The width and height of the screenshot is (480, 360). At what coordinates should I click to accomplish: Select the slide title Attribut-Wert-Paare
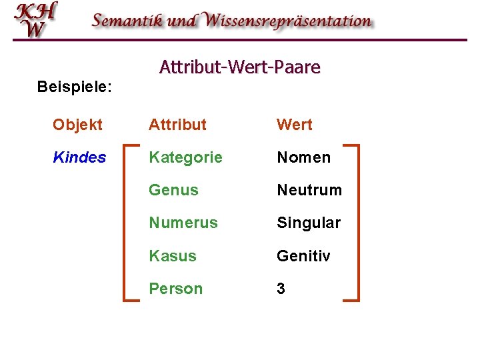click(x=240, y=67)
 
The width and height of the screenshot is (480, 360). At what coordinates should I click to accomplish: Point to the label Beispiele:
click(x=74, y=87)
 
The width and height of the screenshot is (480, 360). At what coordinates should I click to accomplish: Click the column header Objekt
click(x=77, y=125)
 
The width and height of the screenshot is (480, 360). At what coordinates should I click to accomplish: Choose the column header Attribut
click(x=177, y=125)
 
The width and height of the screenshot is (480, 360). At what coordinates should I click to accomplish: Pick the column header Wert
click(x=294, y=125)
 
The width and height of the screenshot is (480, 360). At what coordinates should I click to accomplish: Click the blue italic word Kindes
click(x=79, y=157)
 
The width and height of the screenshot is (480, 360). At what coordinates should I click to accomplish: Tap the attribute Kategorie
click(x=185, y=157)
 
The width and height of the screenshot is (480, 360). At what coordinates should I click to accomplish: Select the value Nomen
click(x=303, y=157)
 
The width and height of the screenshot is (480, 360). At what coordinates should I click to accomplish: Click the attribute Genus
click(x=173, y=190)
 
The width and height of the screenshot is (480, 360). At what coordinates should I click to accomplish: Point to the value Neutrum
click(x=309, y=190)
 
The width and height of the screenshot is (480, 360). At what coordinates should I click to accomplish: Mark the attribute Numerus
click(x=183, y=223)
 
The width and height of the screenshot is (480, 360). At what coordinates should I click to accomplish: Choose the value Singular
click(x=309, y=223)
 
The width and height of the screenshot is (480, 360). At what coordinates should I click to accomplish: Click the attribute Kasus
click(x=173, y=256)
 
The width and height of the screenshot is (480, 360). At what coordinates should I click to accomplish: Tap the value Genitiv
click(x=303, y=256)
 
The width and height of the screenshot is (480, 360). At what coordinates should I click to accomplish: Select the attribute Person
click(x=175, y=289)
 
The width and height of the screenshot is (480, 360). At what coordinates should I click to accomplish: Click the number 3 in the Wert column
click(x=281, y=289)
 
